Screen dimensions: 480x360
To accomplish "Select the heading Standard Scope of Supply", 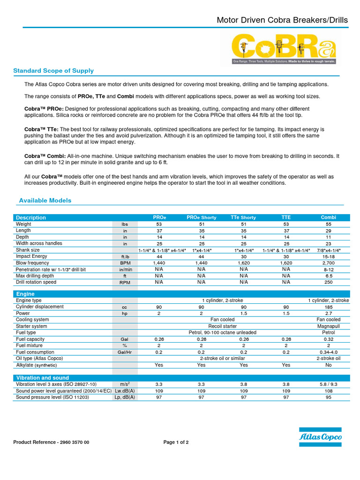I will point(53,71).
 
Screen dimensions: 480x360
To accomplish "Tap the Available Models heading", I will point(45,201).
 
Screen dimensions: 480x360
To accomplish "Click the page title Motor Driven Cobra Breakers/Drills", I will point(282,20).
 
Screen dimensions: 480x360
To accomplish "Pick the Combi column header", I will point(328,217).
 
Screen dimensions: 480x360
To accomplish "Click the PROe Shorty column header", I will point(202,217).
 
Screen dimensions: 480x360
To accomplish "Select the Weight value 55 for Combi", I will point(328,224).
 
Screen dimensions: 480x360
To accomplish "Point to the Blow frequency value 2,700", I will point(328,263).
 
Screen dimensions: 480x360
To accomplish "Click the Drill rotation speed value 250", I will point(328,282).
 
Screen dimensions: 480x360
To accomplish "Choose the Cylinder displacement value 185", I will point(328,307).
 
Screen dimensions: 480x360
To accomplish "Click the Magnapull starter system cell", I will point(328,326).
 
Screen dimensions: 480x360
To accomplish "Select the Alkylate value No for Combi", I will point(328,365).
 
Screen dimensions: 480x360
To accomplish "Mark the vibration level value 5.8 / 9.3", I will point(328,384).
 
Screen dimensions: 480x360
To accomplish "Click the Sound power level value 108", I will point(328,390).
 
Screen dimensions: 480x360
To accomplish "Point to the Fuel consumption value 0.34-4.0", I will point(328,352).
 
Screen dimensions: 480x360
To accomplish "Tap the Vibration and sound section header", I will point(43,377).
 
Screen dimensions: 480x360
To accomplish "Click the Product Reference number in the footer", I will point(51,442).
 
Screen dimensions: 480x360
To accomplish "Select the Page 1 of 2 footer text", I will point(176,442).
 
